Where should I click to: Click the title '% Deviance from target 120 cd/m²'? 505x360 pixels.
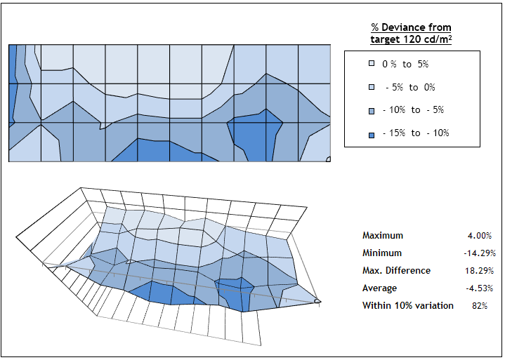coord(411,34)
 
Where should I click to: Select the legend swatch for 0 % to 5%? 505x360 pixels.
coord(372,64)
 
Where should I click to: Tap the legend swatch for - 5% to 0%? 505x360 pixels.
coord(372,87)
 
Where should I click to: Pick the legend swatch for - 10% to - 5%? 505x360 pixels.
coord(372,110)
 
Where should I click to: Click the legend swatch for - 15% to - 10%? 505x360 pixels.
coord(372,133)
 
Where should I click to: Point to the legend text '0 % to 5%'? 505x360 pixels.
coord(405,64)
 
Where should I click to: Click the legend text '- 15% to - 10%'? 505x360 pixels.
coord(416,133)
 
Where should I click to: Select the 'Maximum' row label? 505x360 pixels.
coord(383,236)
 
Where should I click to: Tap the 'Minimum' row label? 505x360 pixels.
coord(382,253)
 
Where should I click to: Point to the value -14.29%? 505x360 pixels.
coord(477,253)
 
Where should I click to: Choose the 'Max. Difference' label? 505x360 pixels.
coord(396,271)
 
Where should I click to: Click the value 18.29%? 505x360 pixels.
coord(478,271)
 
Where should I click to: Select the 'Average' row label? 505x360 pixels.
coord(379,288)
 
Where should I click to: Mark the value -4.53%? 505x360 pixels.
coord(478,288)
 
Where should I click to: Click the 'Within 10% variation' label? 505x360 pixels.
coord(407,306)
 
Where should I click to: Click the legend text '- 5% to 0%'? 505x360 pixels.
coord(410,87)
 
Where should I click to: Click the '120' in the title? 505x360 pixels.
coord(417,40)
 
